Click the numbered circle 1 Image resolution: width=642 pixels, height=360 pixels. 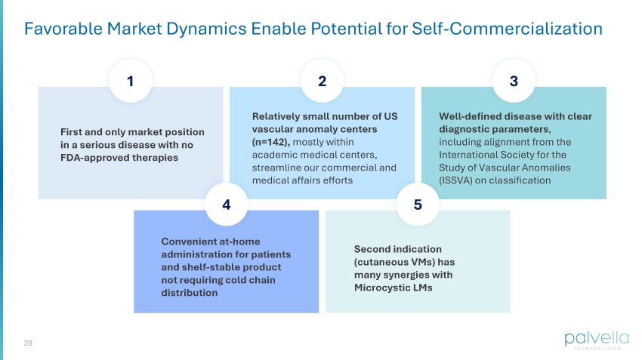pyautogui.click(x=131, y=81)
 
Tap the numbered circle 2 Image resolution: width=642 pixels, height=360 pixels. pyautogui.click(x=323, y=81)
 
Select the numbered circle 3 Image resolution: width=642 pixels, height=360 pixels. pyautogui.click(x=514, y=81)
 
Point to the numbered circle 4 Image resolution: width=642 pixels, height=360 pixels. pyautogui.click(x=227, y=204)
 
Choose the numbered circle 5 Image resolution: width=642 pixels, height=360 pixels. pyautogui.click(x=418, y=204)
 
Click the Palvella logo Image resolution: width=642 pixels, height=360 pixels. pyautogui.click(x=597, y=341)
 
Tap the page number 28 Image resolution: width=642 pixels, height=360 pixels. pyautogui.click(x=28, y=343)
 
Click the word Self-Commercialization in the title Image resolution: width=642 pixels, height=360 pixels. pyautogui.click(x=507, y=29)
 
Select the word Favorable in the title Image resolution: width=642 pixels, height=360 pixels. pyautogui.click(x=63, y=29)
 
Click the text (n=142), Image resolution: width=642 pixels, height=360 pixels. pyautogui.click(x=271, y=142)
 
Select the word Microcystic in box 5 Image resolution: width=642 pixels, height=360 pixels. pyautogui.click(x=380, y=288)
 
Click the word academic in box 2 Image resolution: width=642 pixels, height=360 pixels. pyautogui.click(x=271, y=155)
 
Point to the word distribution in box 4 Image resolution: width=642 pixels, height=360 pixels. pyautogui.click(x=189, y=293)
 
